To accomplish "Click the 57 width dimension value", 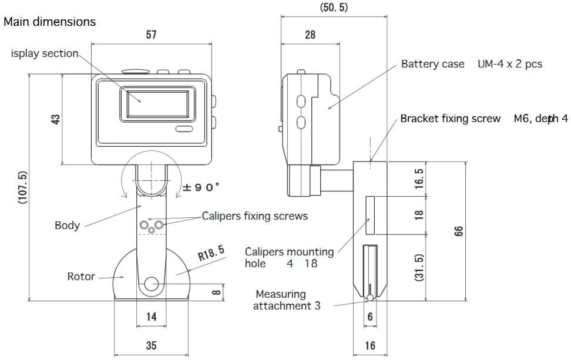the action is click(151, 35).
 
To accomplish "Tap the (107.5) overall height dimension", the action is click(22, 187).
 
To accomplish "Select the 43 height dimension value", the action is click(56, 119).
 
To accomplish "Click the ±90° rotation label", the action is click(201, 187).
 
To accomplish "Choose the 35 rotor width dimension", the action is click(151, 345).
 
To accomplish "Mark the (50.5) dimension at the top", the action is click(334, 7).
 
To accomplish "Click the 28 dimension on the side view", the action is click(310, 35).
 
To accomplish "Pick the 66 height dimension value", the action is click(458, 231).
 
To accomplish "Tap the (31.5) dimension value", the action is click(419, 268).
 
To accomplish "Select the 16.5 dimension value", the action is click(419, 179).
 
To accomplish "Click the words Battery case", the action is click(432, 64).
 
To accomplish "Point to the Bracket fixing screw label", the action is click(450, 119).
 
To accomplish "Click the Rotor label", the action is click(81, 276).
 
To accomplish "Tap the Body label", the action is click(67, 226).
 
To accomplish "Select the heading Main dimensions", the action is click(49, 22).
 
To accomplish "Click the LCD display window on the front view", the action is click(157, 104).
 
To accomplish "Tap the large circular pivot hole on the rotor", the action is click(152, 284).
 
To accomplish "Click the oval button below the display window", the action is click(184, 129).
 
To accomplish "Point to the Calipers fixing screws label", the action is click(254, 216).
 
